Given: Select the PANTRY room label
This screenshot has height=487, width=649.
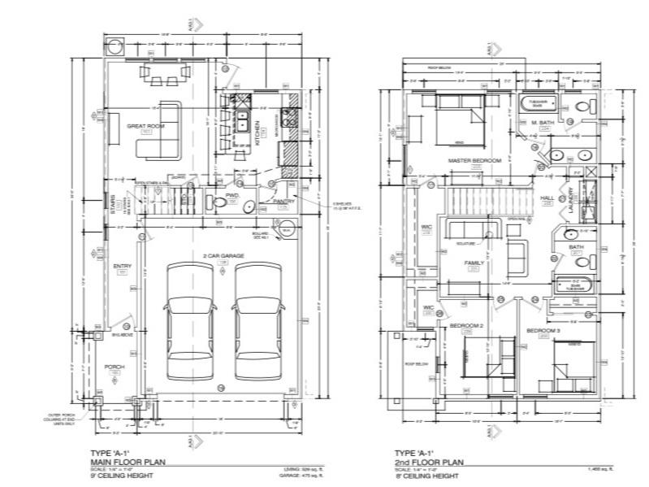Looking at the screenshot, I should point(283,201).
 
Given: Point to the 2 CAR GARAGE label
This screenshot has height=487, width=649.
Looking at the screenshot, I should point(222,255).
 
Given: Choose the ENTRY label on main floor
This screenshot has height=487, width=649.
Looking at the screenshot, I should point(123,266).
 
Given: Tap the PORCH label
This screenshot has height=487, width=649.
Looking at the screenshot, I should point(115,367).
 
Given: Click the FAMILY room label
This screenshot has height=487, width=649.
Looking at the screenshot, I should point(474,263).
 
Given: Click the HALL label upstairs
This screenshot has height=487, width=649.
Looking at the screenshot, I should point(547,198).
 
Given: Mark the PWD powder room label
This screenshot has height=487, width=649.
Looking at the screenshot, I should point(231,196).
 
